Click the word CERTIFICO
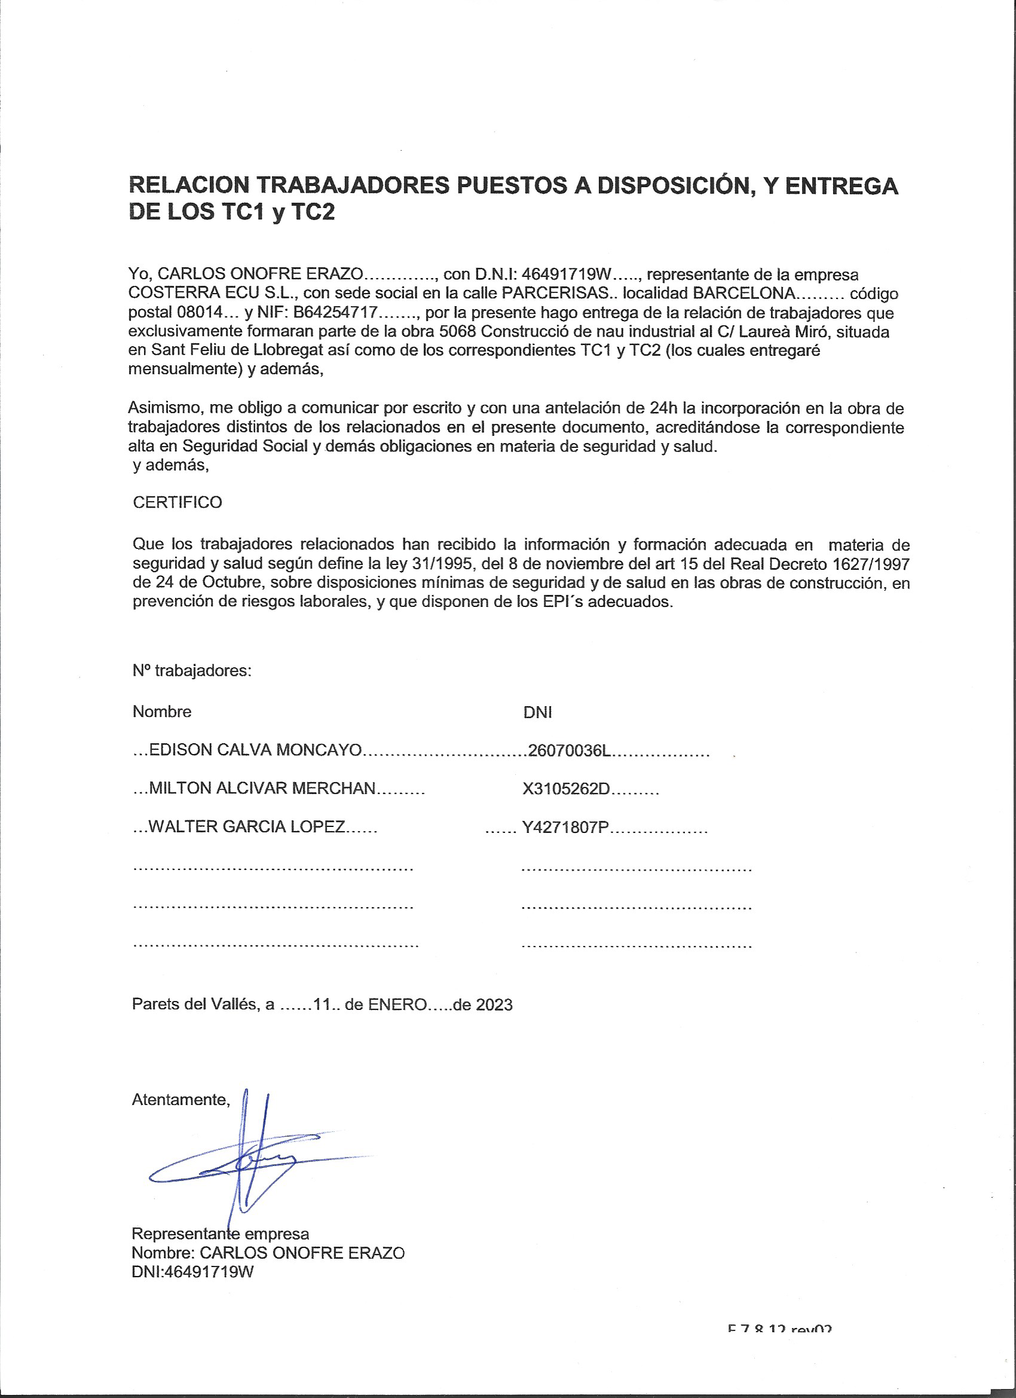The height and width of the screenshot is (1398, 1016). pyautogui.click(x=178, y=502)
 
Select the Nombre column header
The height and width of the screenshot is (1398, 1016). pyautogui.click(x=162, y=712)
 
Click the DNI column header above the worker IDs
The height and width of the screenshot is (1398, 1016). pyautogui.click(x=537, y=713)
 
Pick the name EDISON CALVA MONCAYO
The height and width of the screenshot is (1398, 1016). pyautogui.click(x=255, y=750)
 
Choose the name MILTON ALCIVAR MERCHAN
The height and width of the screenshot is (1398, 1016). pyautogui.click(x=262, y=787)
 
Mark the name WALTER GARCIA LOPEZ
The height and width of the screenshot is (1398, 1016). pyautogui.click(x=246, y=826)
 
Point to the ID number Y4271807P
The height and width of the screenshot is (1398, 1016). pyautogui.click(x=565, y=827)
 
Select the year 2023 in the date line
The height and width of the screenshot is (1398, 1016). pyautogui.click(x=494, y=1005)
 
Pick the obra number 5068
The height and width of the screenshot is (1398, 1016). pyautogui.click(x=458, y=332)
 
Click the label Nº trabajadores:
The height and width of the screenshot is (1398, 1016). pyautogui.click(x=192, y=671)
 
